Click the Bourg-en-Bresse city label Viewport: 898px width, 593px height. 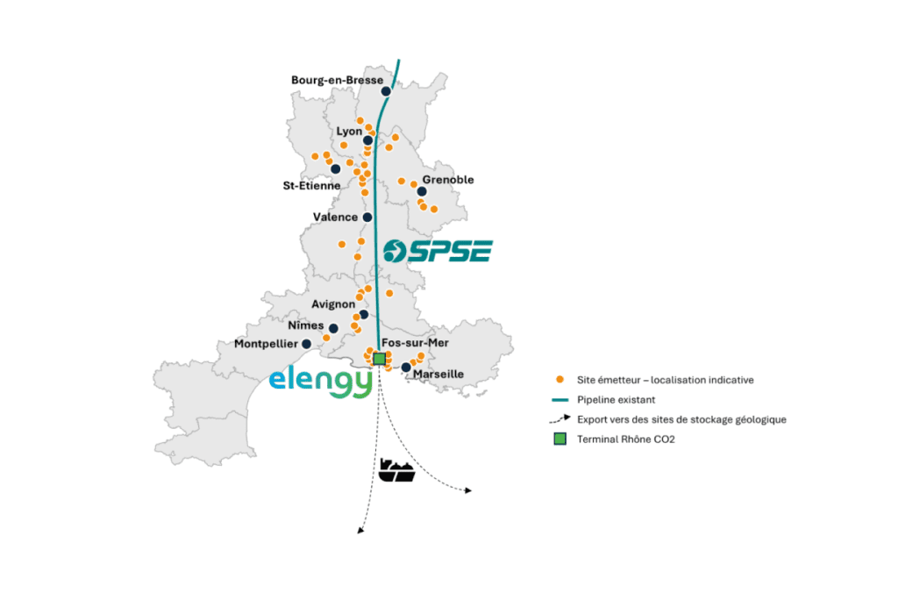click(x=337, y=80)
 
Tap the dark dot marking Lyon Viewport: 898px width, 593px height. click(x=368, y=140)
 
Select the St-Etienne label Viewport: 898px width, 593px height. click(x=311, y=185)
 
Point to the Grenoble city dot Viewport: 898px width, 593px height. click(x=422, y=191)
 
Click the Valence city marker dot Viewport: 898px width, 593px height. click(x=367, y=218)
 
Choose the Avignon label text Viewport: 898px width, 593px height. click(x=333, y=304)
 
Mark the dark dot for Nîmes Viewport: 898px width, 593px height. click(x=334, y=329)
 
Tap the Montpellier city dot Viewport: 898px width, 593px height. click(x=306, y=344)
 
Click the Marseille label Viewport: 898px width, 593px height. click(x=438, y=375)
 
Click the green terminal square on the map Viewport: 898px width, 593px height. click(x=379, y=358)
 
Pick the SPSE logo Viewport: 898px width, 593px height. click(x=438, y=250)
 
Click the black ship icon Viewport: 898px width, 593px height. click(x=396, y=470)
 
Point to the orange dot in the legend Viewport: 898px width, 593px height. click(x=559, y=380)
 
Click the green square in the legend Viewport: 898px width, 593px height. click(x=559, y=439)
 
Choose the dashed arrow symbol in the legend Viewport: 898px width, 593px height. click(x=559, y=419)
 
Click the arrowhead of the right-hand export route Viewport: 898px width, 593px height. click(x=468, y=491)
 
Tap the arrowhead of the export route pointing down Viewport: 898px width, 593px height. click(x=360, y=530)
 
